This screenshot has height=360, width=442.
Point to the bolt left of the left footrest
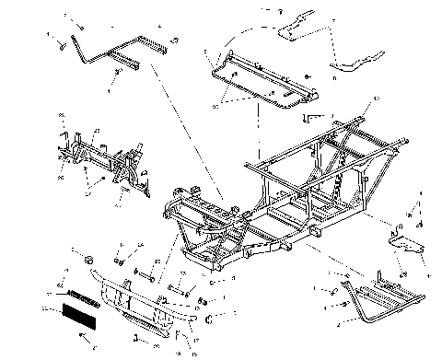tap(57, 44)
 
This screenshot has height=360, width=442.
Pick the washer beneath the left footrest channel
tap(119, 75)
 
